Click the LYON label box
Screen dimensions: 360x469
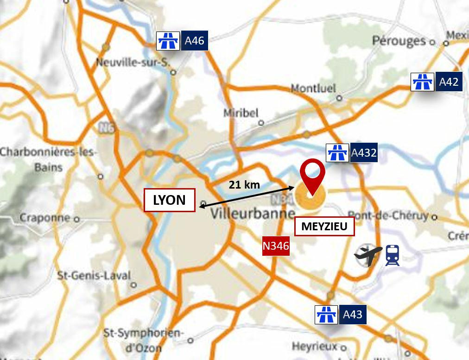(169, 200)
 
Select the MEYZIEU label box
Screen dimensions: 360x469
(324, 227)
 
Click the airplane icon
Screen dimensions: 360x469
(368, 256)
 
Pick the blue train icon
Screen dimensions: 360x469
(393, 255)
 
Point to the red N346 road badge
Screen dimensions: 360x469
(276, 246)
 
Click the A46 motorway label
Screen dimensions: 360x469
(194, 41)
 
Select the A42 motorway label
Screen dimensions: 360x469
(448, 82)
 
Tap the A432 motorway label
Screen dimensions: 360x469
(364, 152)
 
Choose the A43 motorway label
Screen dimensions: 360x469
(352, 315)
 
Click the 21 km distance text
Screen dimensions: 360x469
(244, 185)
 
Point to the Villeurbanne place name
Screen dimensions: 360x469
(253, 214)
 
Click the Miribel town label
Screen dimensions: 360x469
(241, 113)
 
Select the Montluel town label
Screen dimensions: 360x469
(313, 88)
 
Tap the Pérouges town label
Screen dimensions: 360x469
(399, 40)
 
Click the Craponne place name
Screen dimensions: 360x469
(45, 217)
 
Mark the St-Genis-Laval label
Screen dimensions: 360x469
(94, 275)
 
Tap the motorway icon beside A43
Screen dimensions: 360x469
(326, 315)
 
